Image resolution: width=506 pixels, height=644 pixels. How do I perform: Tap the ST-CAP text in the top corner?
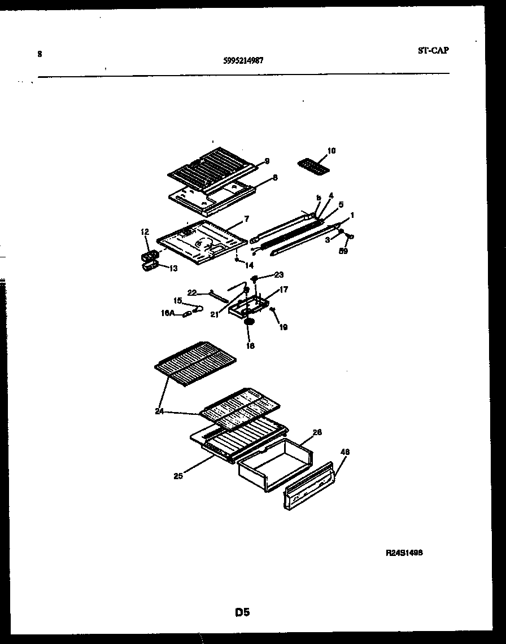[x=433, y=50]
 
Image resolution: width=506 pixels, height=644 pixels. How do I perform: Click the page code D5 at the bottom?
[x=242, y=612]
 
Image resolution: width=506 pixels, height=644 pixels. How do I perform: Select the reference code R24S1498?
[x=404, y=553]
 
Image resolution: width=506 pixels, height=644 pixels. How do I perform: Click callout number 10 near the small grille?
[x=331, y=151]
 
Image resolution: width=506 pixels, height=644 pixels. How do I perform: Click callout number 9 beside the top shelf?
[x=267, y=161]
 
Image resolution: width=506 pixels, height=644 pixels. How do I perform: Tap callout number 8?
[x=274, y=177]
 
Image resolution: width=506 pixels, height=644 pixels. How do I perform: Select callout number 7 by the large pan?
[x=246, y=218]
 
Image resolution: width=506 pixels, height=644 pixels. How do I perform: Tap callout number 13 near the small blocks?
[x=173, y=269]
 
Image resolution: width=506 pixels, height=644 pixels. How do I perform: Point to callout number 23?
[x=278, y=275]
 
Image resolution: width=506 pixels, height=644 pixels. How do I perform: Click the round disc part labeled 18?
[x=248, y=323]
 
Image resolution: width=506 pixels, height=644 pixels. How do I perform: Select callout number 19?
[x=283, y=327]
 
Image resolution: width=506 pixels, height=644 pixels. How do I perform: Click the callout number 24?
[x=160, y=411]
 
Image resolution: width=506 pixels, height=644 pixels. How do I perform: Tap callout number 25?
[x=178, y=476]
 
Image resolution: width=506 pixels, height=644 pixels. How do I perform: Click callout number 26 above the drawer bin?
[x=317, y=432]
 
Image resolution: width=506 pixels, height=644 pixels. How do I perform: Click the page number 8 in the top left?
[x=40, y=54]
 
